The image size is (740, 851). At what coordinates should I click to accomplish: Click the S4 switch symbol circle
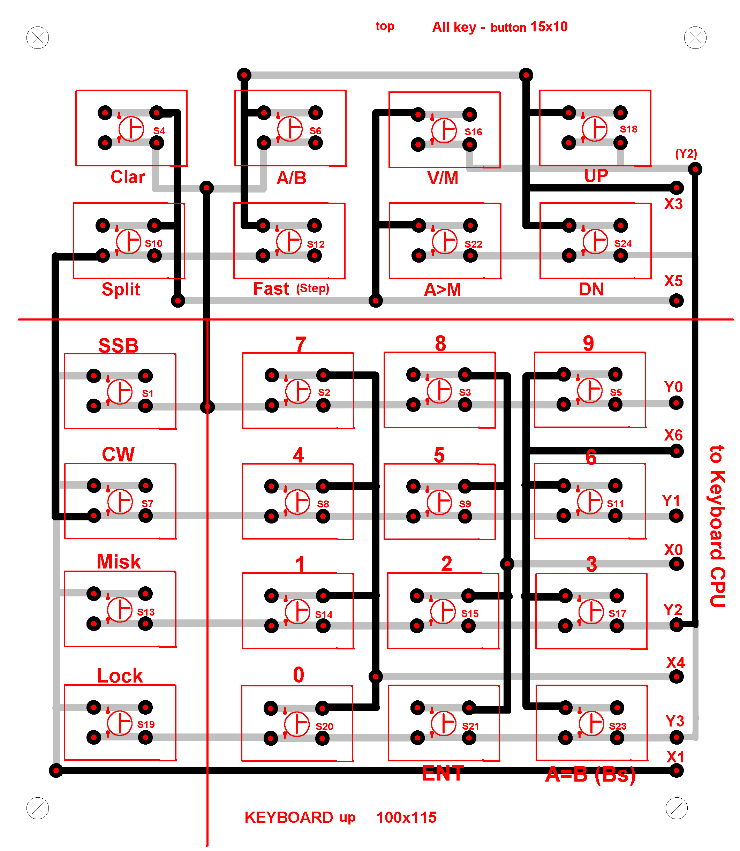(x=131, y=129)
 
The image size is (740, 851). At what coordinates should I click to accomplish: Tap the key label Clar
(x=128, y=177)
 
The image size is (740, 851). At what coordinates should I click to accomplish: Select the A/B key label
(x=292, y=178)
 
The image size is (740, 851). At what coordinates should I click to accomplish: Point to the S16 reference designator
(x=473, y=132)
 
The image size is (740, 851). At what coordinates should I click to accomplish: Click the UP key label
(x=596, y=176)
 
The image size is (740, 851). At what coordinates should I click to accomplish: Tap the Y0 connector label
(x=673, y=387)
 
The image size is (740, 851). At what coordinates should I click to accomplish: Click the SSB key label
(x=119, y=346)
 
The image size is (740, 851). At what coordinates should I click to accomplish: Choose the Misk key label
(x=119, y=562)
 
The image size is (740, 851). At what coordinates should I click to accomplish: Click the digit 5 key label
(x=439, y=455)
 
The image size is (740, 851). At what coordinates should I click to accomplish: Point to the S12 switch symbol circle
(x=289, y=242)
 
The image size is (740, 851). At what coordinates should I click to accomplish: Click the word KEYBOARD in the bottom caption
(x=289, y=818)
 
